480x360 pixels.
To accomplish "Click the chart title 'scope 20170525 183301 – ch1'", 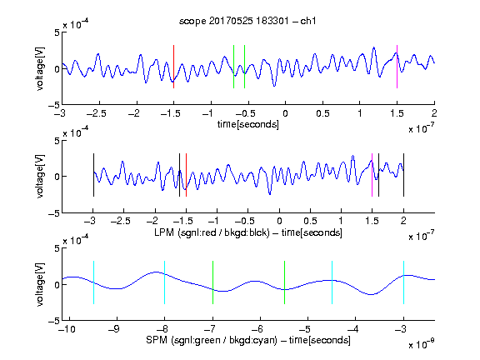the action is point(247,21).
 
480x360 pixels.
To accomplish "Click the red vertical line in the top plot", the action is point(173,67).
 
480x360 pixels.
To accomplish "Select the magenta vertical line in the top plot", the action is point(397,67).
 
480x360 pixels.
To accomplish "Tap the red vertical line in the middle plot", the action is point(186,175).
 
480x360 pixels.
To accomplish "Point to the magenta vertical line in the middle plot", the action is point(372,175).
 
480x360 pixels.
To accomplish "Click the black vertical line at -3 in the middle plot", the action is point(93,175).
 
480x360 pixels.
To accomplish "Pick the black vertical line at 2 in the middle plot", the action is point(403,175).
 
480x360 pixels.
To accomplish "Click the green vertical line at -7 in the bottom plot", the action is point(212,282).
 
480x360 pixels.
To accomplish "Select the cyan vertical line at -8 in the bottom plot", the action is point(165,282).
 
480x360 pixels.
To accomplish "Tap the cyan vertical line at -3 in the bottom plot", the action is point(404,282).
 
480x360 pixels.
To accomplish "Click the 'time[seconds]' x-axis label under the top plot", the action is point(248,125).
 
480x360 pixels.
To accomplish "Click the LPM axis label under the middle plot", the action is point(248,232).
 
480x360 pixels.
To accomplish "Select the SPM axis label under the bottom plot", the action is point(248,340).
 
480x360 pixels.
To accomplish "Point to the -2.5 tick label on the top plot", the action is point(96,113).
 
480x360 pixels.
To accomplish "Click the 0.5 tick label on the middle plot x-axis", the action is point(310,222).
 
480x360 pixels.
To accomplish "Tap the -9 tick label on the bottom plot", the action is point(114,329).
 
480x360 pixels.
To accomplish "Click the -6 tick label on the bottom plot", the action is point(257,329).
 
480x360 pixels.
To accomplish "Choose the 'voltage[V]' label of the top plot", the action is point(40,68).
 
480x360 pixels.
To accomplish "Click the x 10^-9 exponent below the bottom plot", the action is point(421,344).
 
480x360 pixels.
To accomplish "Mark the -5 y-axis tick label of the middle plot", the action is point(54,213).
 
